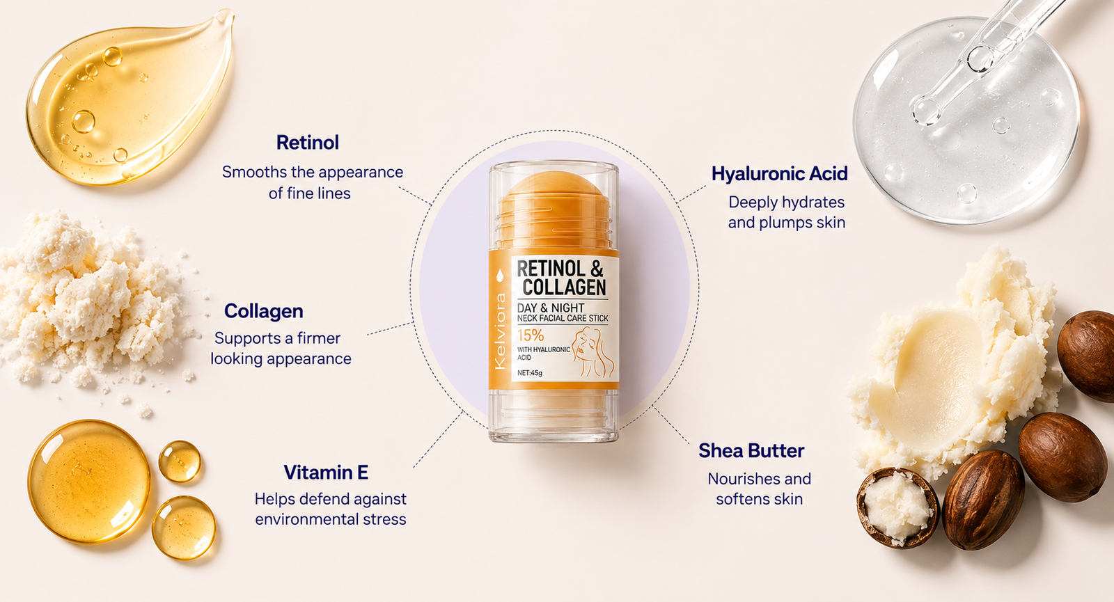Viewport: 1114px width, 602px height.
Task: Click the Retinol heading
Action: [307, 143]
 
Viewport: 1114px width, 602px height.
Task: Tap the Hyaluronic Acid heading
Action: [779, 174]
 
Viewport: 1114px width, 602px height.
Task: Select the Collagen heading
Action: [264, 311]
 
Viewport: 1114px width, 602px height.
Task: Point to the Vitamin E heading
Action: [326, 473]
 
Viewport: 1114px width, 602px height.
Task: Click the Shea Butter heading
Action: [751, 451]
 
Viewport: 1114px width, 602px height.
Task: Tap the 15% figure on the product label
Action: [530, 335]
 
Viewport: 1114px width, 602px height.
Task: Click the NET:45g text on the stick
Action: [530, 373]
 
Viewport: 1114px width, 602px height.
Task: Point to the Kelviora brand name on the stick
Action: [501, 331]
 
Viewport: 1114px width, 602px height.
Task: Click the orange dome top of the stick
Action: [554, 187]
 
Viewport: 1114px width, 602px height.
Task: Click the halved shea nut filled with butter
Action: [897, 507]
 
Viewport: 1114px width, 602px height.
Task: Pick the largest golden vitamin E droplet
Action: [89, 481]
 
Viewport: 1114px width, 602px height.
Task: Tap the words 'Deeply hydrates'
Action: [786, 203]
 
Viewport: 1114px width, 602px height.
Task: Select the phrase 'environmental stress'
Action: [331, 519]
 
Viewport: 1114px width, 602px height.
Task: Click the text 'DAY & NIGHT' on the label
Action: [551, 308]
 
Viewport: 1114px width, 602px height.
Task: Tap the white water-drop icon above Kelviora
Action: [501, 276]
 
